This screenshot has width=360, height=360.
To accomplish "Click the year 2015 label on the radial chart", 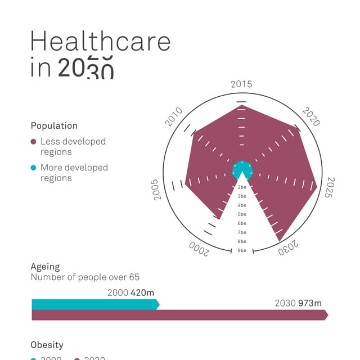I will [x=241, y=84].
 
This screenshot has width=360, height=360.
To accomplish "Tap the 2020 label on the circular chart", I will [x=311, y=116].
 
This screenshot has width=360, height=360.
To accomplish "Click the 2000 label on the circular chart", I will [x=199, y=249].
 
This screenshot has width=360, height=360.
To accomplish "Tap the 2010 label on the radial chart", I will [x=174, y=116].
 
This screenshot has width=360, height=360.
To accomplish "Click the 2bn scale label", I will [x=242, y=187].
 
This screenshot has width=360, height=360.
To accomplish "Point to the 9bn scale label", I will [x=242, y=250].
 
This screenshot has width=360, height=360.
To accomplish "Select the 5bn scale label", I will [x=242, y=214].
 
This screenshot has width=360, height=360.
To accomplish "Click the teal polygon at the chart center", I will [x=242, y=170].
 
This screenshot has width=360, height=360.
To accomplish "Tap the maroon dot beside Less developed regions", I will [x=34, y=142].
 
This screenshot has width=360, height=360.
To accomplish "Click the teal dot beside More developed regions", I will [x=34, y=168].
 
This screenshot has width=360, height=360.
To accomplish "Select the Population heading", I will [x=54, y=126].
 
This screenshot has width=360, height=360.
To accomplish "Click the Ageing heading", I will [x=45, y=267].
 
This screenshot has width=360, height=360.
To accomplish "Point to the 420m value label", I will [x=142, y=292].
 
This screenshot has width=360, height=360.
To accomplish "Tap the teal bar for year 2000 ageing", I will [x=94, y=304].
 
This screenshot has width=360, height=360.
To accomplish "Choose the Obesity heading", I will [x=47, y=345].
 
